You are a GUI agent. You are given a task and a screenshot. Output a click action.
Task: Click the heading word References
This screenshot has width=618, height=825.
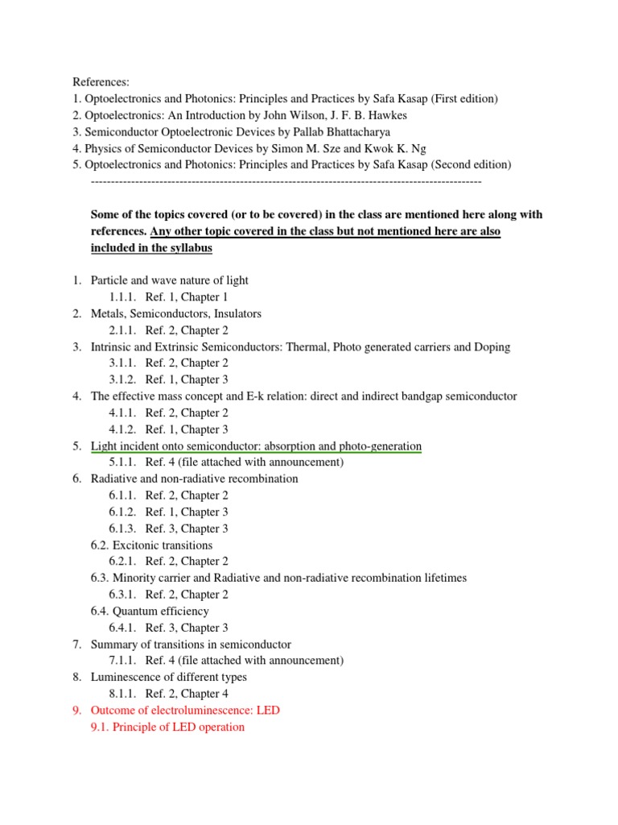[101, 82]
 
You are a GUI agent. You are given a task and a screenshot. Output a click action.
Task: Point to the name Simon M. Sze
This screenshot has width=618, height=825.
[319, 148]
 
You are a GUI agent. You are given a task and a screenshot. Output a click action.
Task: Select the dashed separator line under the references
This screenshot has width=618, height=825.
[286, 182]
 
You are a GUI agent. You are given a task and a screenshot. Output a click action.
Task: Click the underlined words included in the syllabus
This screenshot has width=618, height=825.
[151, 248]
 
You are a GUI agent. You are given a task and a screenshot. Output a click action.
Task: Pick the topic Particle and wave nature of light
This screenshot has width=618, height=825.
[170, 280]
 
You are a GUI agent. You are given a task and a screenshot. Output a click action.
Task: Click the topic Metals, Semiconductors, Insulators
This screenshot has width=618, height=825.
[176, 313]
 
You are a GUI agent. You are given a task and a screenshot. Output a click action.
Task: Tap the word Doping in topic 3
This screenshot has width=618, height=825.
[492, 346]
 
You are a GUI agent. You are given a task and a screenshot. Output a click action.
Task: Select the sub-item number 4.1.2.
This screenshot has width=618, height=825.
[124, 429]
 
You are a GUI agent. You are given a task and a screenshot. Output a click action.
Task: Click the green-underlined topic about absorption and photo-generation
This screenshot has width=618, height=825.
[256, 446]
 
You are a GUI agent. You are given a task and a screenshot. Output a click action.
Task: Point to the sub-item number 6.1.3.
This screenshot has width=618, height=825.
[124, 529]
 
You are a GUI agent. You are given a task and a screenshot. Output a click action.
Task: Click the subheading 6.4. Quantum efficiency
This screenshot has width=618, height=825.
[150, 611]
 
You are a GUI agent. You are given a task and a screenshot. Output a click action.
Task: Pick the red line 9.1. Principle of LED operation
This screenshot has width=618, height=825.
[167, 727]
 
